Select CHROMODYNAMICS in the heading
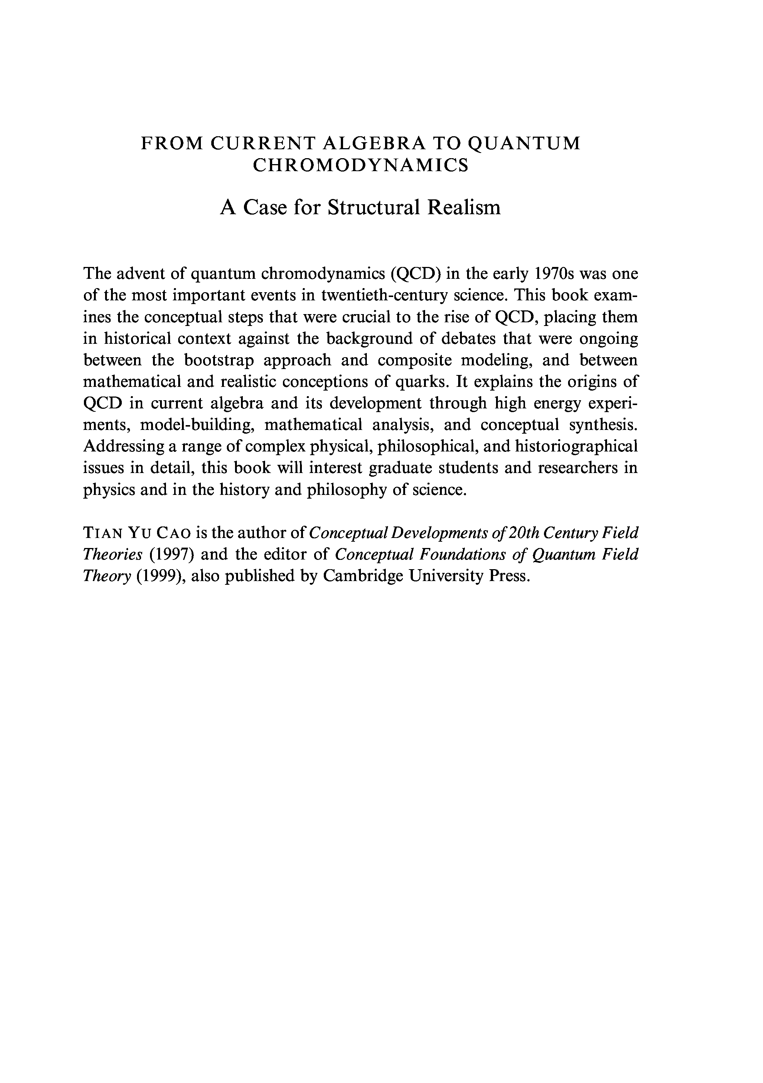[x=361, y=166]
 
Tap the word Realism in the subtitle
[x=464, y=208]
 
